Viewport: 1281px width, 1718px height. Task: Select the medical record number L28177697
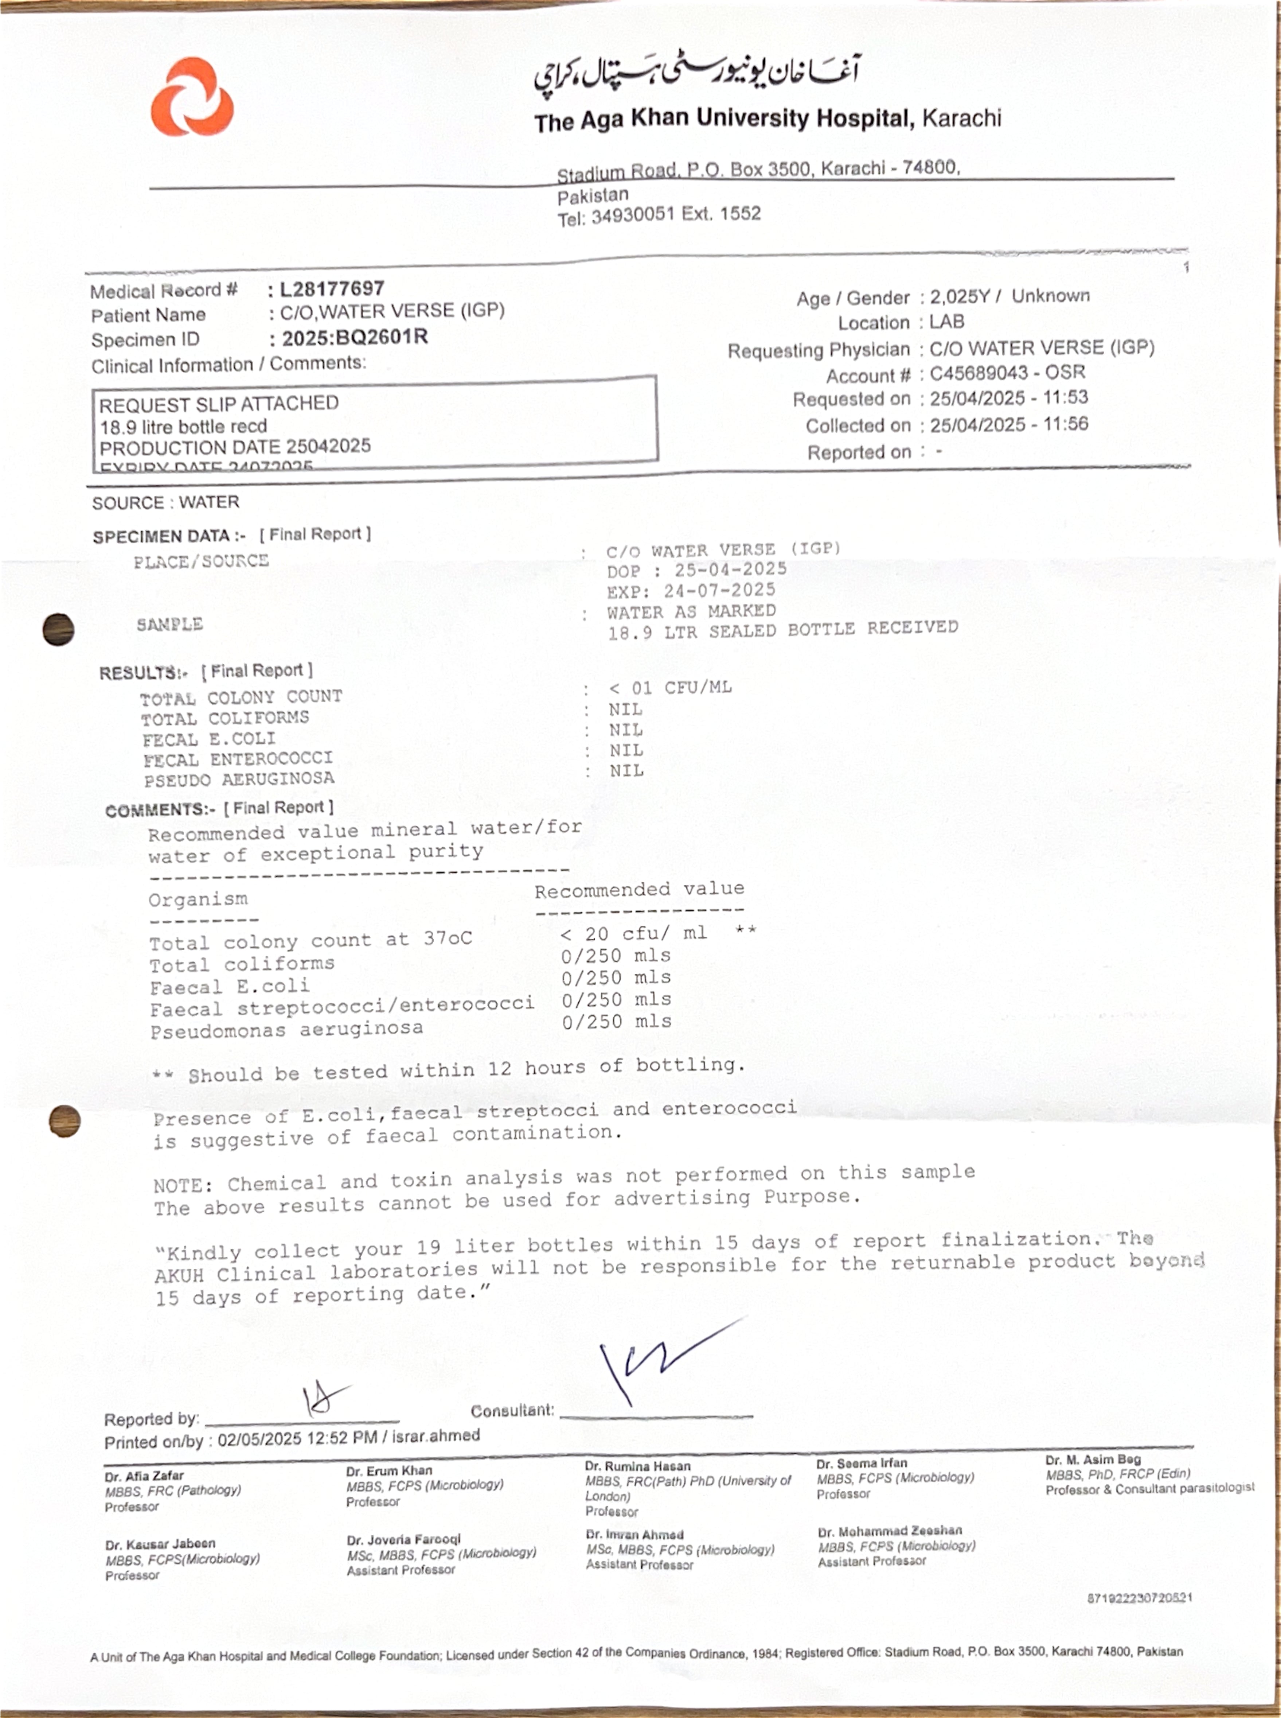tap(332, 289)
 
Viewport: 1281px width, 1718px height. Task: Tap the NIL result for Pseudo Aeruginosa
tap(626, 770)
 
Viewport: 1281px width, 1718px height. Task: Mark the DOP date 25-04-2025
tap(730, 569)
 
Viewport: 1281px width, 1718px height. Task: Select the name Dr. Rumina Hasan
tap(637, 1466)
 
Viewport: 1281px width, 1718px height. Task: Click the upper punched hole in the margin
tap(59, 629)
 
